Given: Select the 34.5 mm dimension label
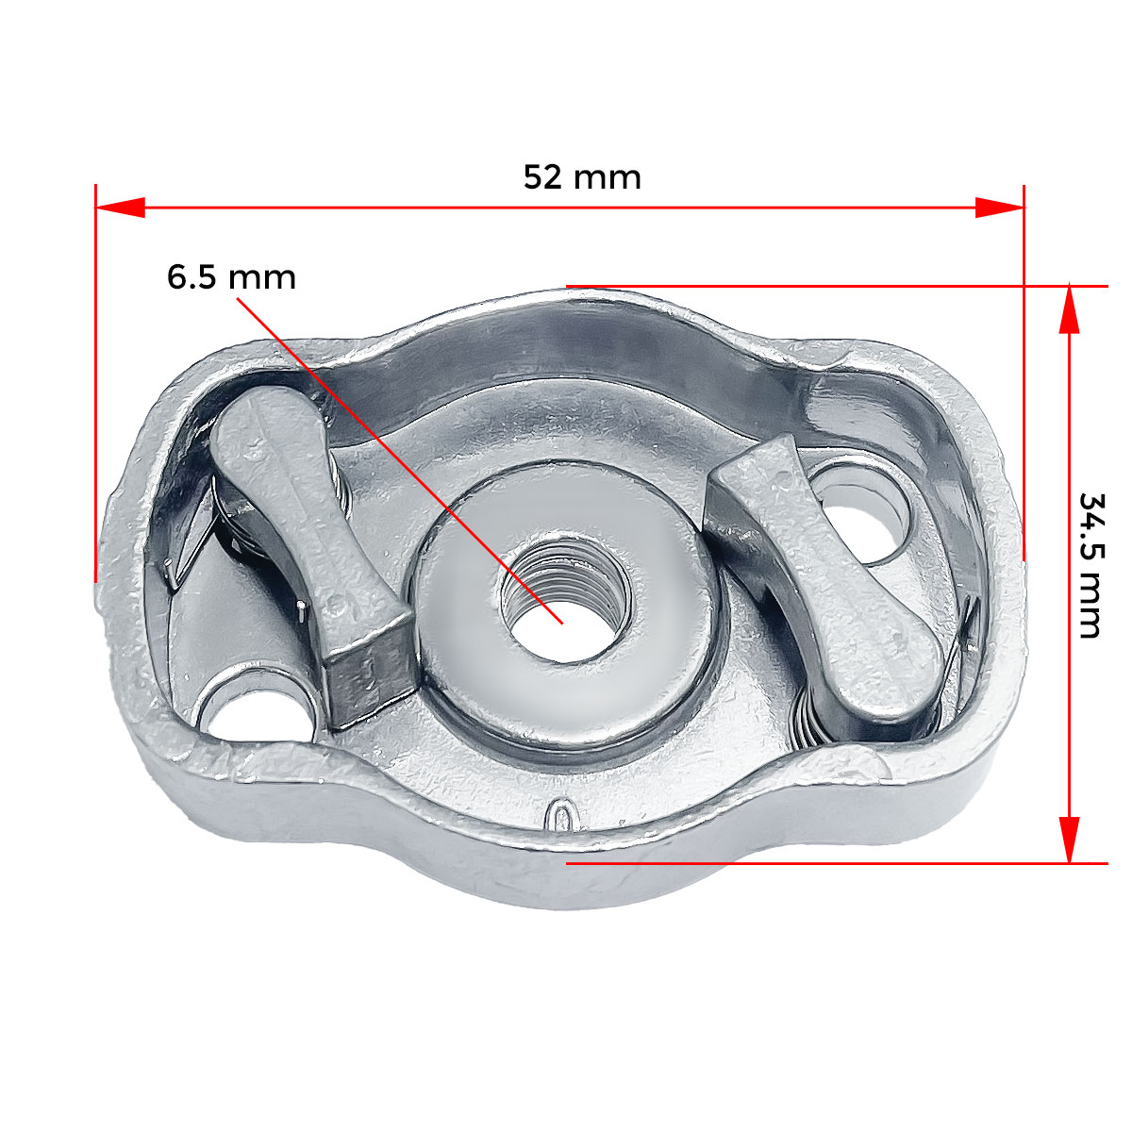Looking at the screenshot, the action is coord(1091,566).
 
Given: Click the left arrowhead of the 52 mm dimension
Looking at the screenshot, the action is coord(121,208).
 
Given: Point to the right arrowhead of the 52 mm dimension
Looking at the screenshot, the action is coord(999,208).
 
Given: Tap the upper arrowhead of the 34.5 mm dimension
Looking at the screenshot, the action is coord(1069,309).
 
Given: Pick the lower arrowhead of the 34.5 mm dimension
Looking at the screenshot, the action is coord(1069,840).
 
